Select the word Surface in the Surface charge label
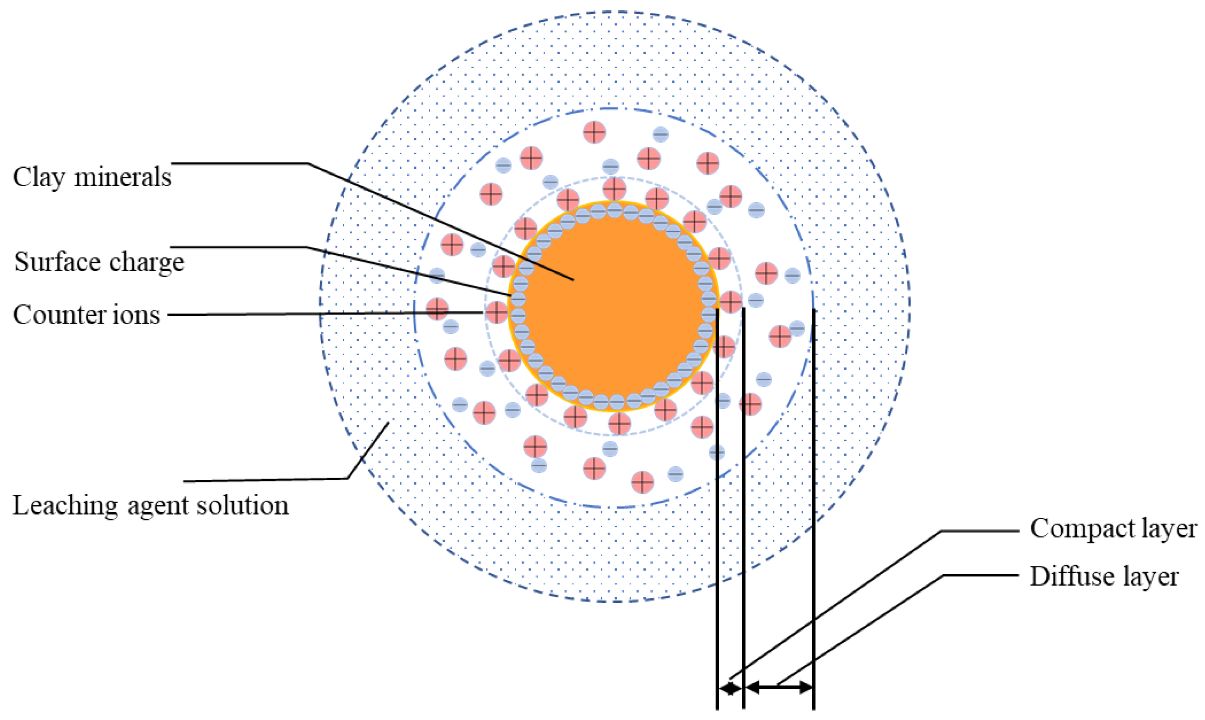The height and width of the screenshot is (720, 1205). (x=57, y=262)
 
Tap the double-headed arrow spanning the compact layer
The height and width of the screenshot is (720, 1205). (x=730, y=688)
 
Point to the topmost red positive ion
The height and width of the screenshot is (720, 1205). (x=594, y=132)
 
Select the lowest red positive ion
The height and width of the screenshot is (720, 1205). (x=642, y=482)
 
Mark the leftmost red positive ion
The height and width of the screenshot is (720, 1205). (x=437, y=309)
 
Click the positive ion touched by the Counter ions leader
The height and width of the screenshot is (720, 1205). (x=496, y=313)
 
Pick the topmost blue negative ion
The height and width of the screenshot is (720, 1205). (x=660, y=134)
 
